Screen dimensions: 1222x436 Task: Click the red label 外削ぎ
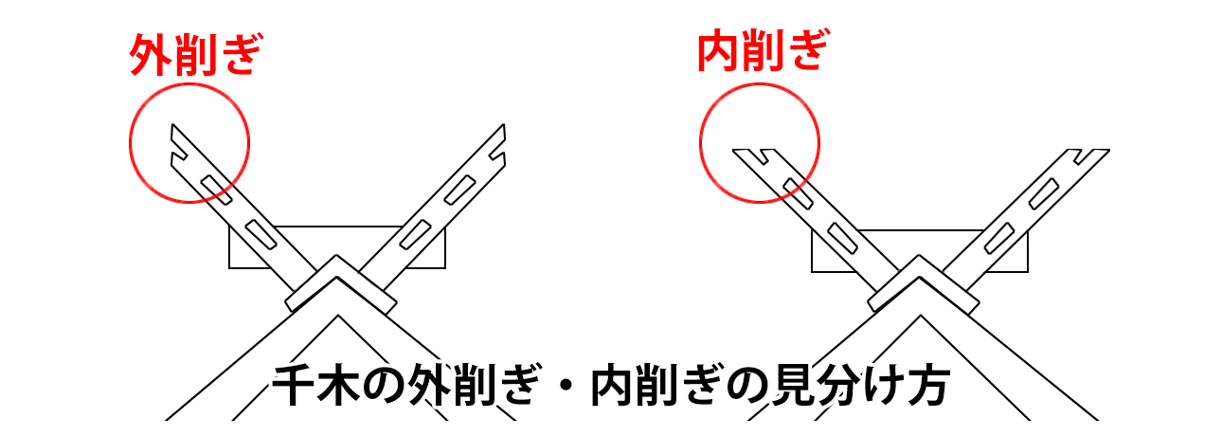click(x=195, y=54)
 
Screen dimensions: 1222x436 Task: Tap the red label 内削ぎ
click(x=764, y=50)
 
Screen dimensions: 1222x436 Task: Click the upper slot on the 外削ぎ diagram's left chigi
click(x=217, y=190)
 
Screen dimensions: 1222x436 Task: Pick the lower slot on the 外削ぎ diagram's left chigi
click(x=261, y=234)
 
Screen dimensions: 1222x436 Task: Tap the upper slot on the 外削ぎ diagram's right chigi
click(x=459, y=190)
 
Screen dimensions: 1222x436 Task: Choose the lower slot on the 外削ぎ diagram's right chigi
click(x=415, y=234)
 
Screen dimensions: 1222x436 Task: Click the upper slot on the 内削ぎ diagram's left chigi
click(x=799, y=193)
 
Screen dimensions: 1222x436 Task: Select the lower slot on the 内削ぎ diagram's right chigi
click(x=999, y=239)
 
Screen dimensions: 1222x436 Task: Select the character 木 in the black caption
click(x=339, y=385)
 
